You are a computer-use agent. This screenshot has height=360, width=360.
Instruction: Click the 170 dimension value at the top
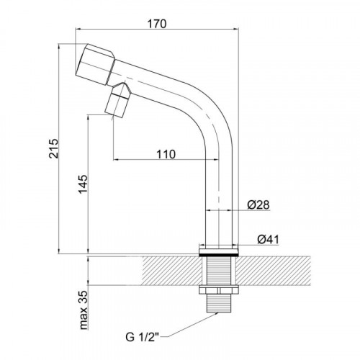click(157, 24)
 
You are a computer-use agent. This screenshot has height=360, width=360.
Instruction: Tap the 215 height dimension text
click(53, 148)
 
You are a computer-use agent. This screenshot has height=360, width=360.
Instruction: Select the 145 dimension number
click(84, 184)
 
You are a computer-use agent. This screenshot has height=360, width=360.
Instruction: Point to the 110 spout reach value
click(166, 154)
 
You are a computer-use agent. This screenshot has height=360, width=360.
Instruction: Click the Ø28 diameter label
click(258, 204)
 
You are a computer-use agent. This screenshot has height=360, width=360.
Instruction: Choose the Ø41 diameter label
click(269, 239)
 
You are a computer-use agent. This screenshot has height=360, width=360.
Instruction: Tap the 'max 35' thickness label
click(84, 310)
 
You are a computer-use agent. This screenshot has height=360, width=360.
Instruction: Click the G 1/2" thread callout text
click(143, 337)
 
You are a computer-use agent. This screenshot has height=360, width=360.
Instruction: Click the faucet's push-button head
click(95, 64)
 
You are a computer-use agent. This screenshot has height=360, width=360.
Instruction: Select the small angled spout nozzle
click(118, 100)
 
